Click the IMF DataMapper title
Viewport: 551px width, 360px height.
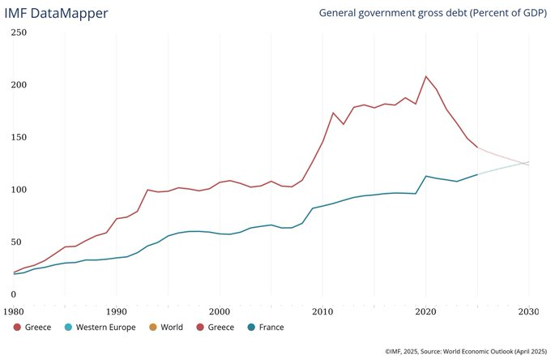62,13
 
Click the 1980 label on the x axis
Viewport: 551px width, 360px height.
14,311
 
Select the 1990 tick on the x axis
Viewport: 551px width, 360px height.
116,311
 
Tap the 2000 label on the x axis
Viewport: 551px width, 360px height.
220,311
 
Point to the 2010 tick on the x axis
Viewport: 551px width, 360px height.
322,311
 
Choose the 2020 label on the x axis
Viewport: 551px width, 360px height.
425,311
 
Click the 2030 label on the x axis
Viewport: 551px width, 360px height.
529,311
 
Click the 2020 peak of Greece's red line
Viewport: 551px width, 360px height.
425,76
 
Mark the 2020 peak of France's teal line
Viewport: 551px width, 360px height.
425,176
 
